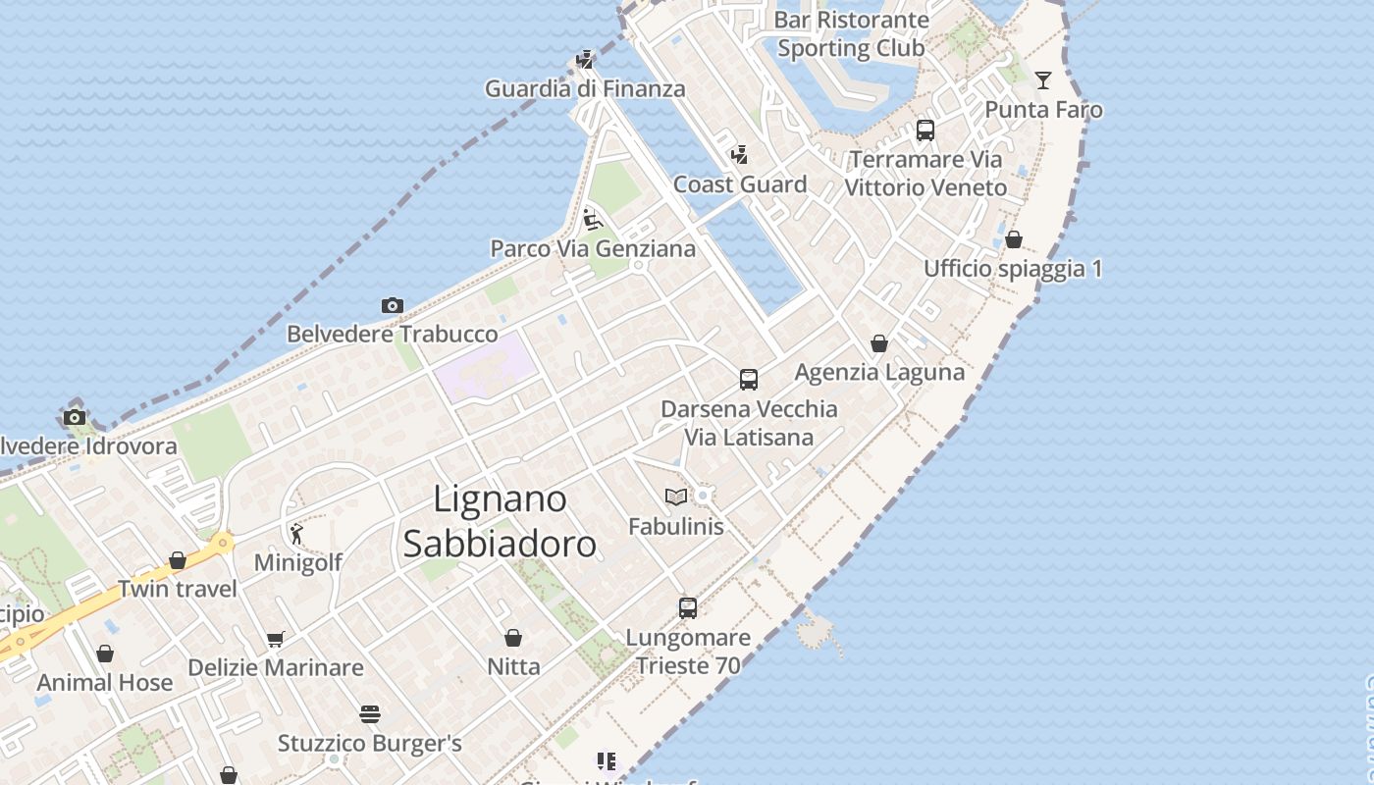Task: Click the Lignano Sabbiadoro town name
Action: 500,521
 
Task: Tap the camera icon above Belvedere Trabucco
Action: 392,305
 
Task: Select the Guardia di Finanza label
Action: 585,88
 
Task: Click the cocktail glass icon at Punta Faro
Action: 1042,80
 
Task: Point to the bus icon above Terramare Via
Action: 925,131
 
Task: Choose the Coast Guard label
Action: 740,184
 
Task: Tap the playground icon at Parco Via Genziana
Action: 592,219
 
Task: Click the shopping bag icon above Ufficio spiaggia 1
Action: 1014,239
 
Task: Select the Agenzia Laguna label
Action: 879,373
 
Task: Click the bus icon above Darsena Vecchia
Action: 749,380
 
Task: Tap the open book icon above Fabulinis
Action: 675,497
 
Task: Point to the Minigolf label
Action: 298,562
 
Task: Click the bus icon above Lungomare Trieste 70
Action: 688,608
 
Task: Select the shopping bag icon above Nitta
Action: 512,638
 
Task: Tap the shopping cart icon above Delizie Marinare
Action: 276,639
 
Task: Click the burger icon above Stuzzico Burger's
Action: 369,713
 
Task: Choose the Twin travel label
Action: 178,589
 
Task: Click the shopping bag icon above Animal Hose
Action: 105,654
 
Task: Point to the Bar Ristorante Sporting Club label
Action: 851,33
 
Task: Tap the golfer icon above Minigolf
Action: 296,534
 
